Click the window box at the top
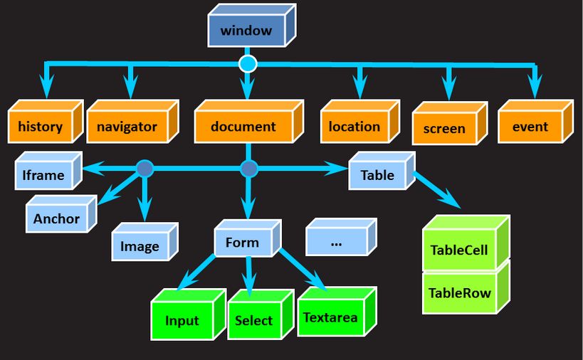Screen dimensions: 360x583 (246, 31)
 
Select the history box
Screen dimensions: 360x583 (41, 127)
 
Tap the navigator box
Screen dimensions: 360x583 (127, 127)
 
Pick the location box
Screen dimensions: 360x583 (354, 127)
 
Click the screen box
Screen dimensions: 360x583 (444, 129)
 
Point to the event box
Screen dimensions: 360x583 (530, 127)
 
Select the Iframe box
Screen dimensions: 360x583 (43, 175)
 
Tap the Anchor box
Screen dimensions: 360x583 (56, 218)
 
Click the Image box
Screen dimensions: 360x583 (140, 247)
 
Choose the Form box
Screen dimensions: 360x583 (242, 243)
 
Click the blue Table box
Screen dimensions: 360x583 (377, 175)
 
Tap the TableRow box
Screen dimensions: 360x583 (461, 292)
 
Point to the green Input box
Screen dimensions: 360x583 (182, 320)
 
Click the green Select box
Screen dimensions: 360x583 (254, 320)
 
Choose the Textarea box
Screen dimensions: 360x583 (330, 317)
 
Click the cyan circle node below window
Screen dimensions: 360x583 (247, 65)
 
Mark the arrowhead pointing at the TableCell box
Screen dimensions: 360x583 (453, 203)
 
